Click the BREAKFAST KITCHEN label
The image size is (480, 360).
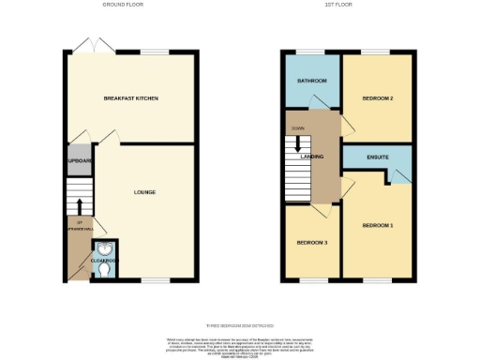pyautogui.click(x=130, y=97)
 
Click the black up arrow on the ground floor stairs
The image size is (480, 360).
pyautogui.click(x=80, y=206)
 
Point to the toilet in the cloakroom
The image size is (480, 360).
pyautogui.click(x=103, y=269)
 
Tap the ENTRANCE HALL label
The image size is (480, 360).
pyautogui.click(x=80, y=228)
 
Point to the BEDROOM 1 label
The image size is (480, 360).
pyautogui.click(x=378, y=225)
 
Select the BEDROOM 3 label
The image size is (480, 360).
pyautogui.click(x=312, y=242)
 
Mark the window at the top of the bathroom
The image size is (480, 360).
pyautogui.click(x=310, y=52)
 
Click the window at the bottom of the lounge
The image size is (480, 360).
pyautogui.click(x=155, y=279)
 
